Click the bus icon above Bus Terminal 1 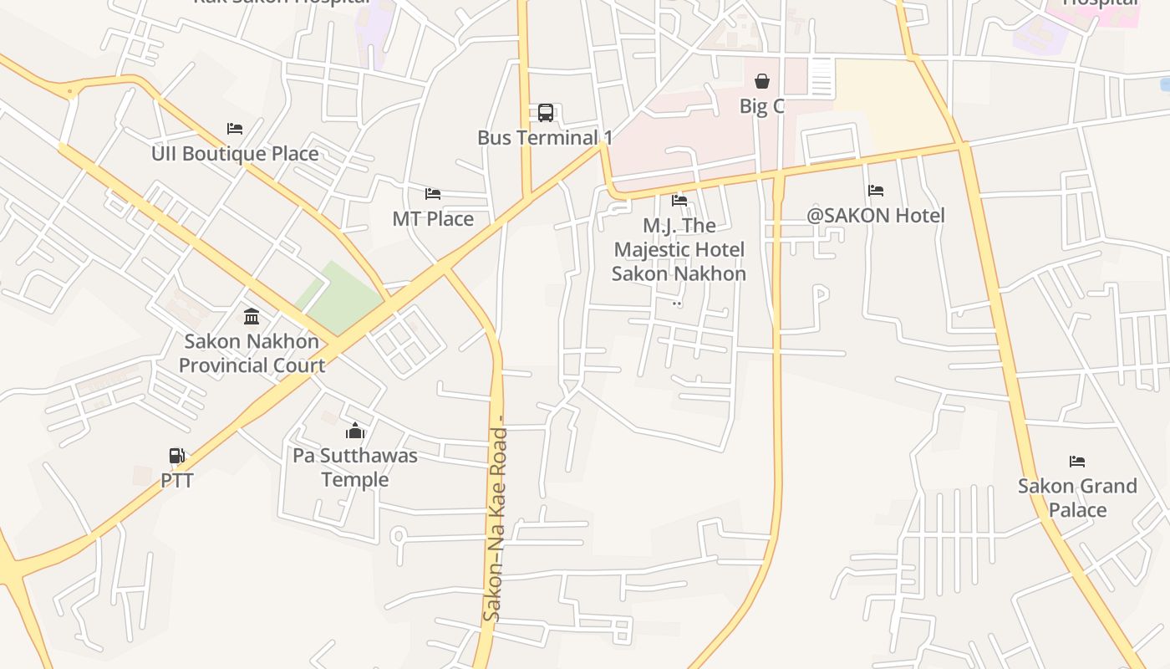point(546,113)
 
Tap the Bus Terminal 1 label point(545,137)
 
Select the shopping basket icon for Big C point(762,81)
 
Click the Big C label point(762,106)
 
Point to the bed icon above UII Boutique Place point(235,129)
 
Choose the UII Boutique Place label point(235,154)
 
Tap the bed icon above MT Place point(433,194)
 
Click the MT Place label point(433,219)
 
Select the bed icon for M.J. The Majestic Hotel point(679,201)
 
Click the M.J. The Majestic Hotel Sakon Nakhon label point(679,249)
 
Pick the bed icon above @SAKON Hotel point(876,191)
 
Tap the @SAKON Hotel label point(876,216)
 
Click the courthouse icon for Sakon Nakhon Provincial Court point(252,316)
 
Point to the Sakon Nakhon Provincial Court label point(252,353)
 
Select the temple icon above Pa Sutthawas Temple point(355,431)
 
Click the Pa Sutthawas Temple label point(355,467)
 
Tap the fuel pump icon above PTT point(177,456)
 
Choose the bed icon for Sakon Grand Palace point(1077,462)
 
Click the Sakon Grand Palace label point(1077,498)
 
